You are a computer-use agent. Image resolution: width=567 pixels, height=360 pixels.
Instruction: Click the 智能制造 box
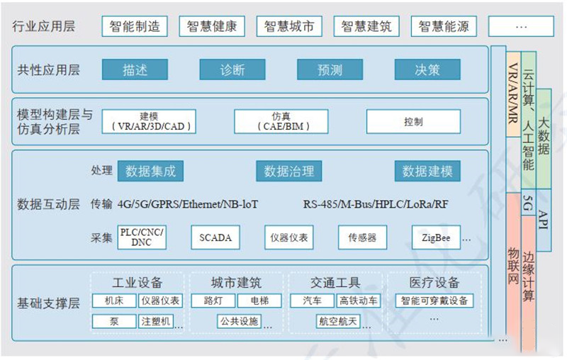(135, 26)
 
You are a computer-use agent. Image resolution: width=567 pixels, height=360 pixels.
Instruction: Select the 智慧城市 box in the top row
(289, 26)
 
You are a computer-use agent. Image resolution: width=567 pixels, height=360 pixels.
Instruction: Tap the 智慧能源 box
(444, 26)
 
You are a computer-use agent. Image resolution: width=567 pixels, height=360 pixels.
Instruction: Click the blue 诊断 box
(232, 69)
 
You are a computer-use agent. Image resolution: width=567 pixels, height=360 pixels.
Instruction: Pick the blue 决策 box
(427, 69)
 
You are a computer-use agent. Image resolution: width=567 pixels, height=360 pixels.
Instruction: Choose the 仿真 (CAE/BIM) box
(281, 121)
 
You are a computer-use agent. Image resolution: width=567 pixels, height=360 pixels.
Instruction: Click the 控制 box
(413, 121)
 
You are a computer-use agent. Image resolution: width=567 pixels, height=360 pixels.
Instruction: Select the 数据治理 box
(289, 171)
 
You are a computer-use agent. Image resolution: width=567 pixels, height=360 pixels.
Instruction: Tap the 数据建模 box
(427, 171)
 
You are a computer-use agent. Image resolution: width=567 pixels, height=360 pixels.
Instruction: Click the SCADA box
(215, 237)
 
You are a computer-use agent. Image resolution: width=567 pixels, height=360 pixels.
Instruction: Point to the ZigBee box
(436, 237)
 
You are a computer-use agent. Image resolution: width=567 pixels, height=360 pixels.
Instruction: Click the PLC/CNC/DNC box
(142, 237)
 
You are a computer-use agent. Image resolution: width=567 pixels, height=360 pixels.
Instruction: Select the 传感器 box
(362, 237)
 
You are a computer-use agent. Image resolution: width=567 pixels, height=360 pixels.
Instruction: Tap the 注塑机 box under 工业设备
(156, 321)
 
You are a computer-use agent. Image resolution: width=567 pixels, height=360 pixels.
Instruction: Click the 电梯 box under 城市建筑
(259, 300)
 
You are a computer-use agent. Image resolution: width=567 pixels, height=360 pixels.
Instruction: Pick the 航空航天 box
(338, 321)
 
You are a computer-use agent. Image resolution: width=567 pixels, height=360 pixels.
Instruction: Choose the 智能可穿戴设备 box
(434, 300)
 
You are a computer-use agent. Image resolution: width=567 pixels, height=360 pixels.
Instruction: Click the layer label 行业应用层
(44, 26)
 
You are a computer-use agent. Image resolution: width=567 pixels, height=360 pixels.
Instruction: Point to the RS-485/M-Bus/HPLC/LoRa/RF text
(376, 205)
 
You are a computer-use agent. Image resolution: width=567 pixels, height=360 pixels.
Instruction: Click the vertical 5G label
(528, 203)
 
